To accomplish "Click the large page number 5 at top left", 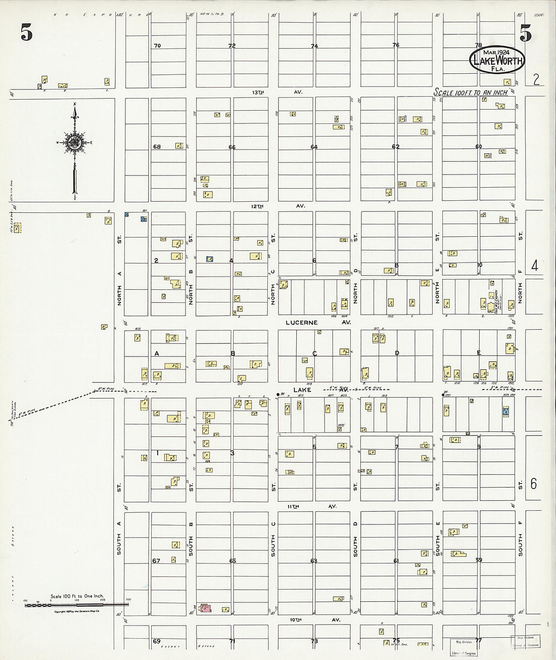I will pyautogui.click(x=27, y=33).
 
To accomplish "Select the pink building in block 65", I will pyautogui.click(x=205, y=608).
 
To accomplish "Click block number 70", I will pyautogui.click(x=157, y=46).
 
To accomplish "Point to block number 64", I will pyautogui.click(x=314, y=147).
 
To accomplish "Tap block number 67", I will pyautogui.click(x=156, y=561).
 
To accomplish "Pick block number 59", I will pyautogui.click(x=479, y=560).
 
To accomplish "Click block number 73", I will pyautogui.click(x=314, y=641).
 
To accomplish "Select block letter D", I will pyautogui.click(x=397, y=353).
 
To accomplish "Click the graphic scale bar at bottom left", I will pyautogui.click(x=76, y=603).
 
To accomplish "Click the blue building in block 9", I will pyautogui.click(x=505, y=412).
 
